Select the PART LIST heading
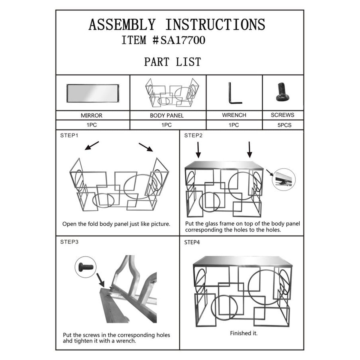[172, 62]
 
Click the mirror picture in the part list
[93, 93]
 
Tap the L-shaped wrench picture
[235, 93]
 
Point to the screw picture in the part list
[283, 92]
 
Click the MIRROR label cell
[93, 115]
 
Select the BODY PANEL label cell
[168, 115]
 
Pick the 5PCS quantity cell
[283, 125]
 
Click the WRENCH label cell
[234, 115]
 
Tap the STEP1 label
[69, 135]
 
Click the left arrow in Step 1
[91, 145]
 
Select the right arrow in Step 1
[146, 147]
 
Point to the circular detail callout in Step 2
[284, 179]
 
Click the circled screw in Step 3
[85, 267]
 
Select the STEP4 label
[192, 242]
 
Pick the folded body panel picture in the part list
[172, 93]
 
